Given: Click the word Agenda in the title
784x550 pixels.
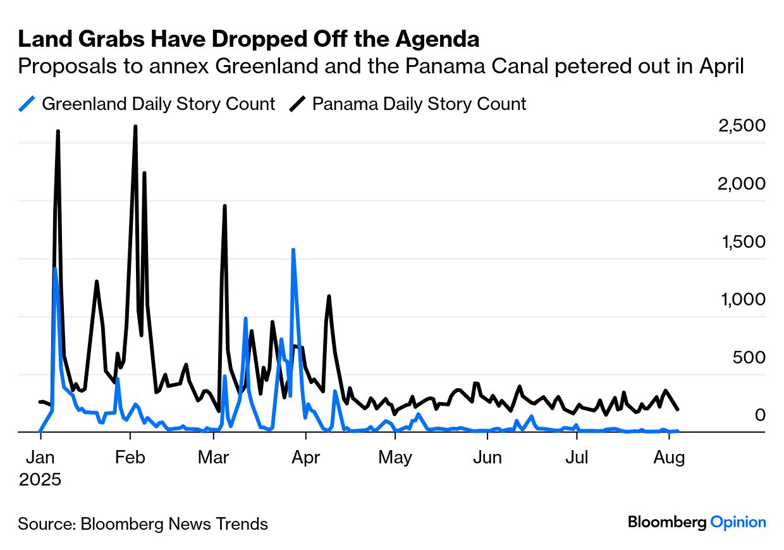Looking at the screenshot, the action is [x=437, y=39].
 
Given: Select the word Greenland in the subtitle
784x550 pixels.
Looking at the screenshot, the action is [x=267, y=66].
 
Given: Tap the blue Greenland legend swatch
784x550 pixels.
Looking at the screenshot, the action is [x=27, y=104].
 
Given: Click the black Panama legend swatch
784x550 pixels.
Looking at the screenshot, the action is [x=298, y=104].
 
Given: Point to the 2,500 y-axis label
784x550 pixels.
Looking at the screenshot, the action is [x=742, y=125].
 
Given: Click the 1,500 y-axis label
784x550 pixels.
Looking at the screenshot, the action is [x=744, y=241].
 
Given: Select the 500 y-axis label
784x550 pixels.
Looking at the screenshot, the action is [x=749, y=357].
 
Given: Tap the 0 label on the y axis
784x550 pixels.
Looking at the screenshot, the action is [x=760, y=415].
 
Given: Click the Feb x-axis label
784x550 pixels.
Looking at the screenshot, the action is [x=130, y=457].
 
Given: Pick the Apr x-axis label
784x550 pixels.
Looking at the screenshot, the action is [x=306, y=458].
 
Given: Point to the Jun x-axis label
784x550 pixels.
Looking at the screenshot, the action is [x=487, y=457].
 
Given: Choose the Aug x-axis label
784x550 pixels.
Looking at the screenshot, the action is [x=669, y=458].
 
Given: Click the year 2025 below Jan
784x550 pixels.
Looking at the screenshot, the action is [x=40, y=479].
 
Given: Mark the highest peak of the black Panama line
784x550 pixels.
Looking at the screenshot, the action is [x=135, y=126].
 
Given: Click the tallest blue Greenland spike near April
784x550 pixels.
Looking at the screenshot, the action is [x=293, y=250].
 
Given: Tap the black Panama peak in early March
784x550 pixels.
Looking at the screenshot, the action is [x=224, y=205].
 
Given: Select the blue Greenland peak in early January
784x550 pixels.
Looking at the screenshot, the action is [x=55, y=268].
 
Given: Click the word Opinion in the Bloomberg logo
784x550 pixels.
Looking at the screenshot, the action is [x=738, y=522].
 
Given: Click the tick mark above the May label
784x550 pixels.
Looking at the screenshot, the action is [x=395, y=436].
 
